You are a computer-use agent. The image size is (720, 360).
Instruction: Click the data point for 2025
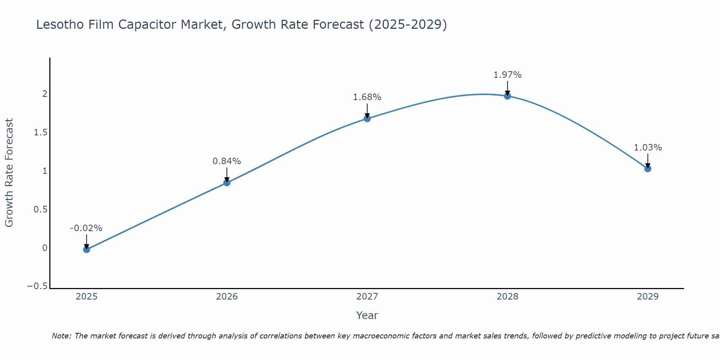pos(86,249)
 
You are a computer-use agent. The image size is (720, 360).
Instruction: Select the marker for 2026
pos(227,183)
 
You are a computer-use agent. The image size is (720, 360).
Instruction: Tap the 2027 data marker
pos(367,118)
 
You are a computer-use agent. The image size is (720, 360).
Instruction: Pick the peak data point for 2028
pos(508,96)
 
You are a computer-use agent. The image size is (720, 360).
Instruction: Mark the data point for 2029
pos(648,168)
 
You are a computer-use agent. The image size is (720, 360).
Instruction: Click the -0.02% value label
pos(86,228)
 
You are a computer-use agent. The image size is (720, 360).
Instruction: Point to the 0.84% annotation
pos(226,161)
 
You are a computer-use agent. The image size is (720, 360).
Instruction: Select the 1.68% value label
pos(367,97)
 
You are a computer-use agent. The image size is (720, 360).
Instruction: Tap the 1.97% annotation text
pos(507,75)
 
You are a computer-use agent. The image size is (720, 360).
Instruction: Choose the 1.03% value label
pos(648,148)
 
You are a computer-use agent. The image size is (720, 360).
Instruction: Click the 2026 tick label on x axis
pos(227,297)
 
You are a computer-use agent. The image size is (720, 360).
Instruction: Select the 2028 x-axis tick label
pos(507,297)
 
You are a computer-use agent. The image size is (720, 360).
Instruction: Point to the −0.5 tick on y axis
pos(37,286)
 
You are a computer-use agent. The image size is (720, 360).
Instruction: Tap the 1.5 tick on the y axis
pos(41,132)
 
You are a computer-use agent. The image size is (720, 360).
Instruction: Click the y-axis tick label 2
pos(45,94)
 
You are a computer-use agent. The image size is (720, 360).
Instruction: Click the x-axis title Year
pos(367,315)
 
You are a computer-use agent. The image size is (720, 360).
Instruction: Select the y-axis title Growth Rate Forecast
pos(9,173)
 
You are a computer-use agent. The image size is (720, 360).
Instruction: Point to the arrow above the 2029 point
pos(648,160)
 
